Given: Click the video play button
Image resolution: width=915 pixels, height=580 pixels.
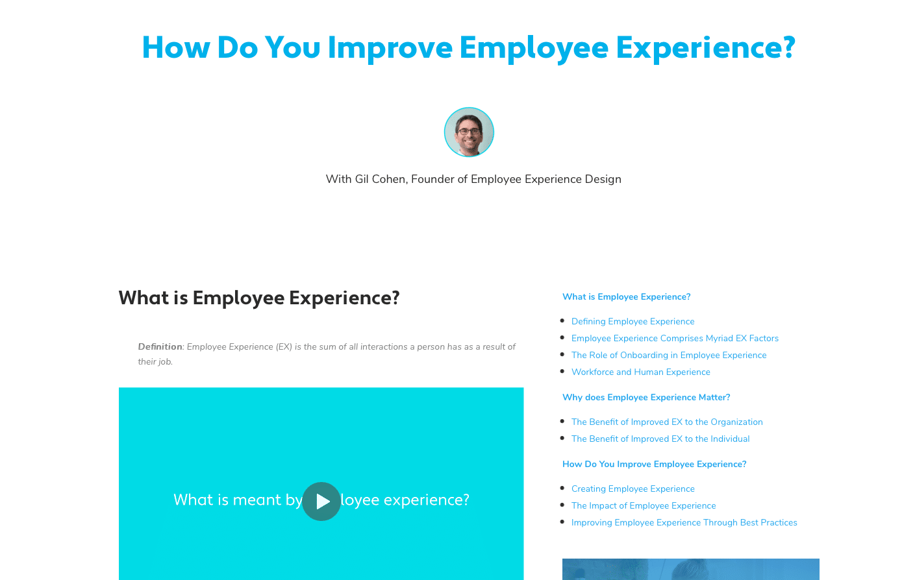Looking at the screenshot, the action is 321,501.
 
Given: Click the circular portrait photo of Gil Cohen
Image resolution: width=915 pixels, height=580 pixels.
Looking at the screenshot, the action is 469,132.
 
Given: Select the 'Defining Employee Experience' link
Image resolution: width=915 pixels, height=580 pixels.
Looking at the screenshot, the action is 633,321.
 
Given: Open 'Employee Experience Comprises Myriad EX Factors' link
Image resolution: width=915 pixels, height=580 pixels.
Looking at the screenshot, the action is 675,339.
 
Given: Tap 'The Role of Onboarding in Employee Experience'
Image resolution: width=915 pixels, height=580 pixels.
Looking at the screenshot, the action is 669,355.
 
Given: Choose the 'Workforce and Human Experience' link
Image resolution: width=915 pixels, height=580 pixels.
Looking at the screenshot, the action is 640,372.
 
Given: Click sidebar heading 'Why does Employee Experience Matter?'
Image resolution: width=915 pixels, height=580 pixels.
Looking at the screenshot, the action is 646,397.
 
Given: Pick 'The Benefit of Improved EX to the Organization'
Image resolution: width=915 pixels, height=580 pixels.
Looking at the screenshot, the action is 667,422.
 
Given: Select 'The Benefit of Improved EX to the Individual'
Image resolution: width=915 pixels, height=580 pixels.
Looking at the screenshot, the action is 660,439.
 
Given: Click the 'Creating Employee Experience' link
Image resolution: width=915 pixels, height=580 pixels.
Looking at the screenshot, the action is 633,489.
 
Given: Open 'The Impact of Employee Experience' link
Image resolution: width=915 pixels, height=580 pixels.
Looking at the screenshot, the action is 644,505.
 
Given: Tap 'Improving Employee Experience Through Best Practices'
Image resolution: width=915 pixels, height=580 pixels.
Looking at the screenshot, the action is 684,522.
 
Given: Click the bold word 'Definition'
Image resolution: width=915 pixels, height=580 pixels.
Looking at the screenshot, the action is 160,346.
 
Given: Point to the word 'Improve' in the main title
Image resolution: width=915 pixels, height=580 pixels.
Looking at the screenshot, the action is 390,49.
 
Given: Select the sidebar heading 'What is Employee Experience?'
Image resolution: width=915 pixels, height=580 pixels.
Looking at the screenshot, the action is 626,296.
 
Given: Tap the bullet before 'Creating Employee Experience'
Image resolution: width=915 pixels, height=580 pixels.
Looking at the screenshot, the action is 562,488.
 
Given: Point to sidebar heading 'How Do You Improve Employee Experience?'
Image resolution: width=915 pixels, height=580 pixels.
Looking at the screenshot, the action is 655,464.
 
